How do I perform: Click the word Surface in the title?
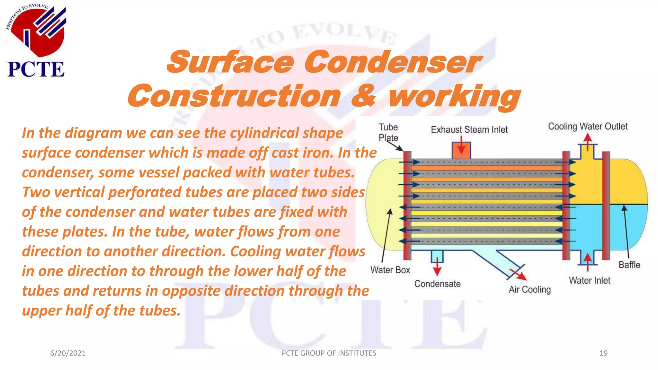coord(230,62)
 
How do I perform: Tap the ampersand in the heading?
coord(363,96)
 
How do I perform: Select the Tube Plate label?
coord(388,132)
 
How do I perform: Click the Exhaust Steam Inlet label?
coord(469,130)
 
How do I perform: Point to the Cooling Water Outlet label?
coord(588,127)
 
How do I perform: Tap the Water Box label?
coord(390,270)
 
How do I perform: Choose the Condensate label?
coord(437,284)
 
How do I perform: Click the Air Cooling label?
coord(529,290)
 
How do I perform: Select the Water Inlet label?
coord(590,281)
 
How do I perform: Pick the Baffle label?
coord(629,265)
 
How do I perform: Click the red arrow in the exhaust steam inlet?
coord(461,146)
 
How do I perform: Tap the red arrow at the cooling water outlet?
coord(588,141)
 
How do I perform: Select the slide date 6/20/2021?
coord(68,353)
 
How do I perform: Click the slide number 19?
coord(603,353)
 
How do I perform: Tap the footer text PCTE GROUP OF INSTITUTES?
coord(329,353)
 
